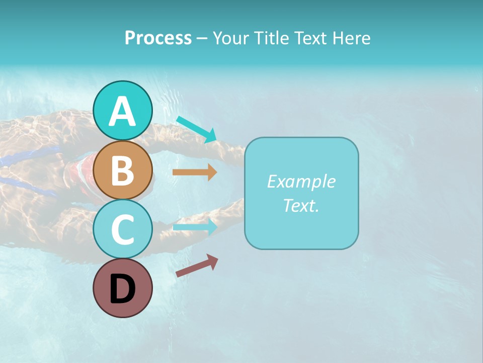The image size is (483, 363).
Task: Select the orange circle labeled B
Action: pyautogui.click(x=122, y=170)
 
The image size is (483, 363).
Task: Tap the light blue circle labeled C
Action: pyautogui.click(x=122, y=229)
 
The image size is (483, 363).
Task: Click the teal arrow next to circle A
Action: pyautogui.click(x=196, y=129)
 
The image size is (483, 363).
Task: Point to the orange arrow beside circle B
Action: pyautogui.click(x=195, y=172)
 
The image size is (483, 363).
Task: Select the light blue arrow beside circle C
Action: pyautogui.click(x=195, y=227)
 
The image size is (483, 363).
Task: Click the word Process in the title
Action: pyautogui.click(x=158, y=38)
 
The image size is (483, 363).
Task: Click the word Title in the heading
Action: pyautogui.click(x=271, y=38)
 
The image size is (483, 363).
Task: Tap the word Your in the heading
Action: pyautogui.click(x=231, y=38)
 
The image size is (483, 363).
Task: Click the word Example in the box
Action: pyautogui.click(x=301, y=181)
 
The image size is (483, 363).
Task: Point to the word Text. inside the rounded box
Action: pyautogui.click(x=301, y=205)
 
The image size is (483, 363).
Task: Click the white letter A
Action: pyautogui.click(x=122, y=111)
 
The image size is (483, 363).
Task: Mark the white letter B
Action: pyautogui.click(x=122, y=170)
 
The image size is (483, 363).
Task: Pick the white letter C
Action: pyautogui.click(x=122, y=229)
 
